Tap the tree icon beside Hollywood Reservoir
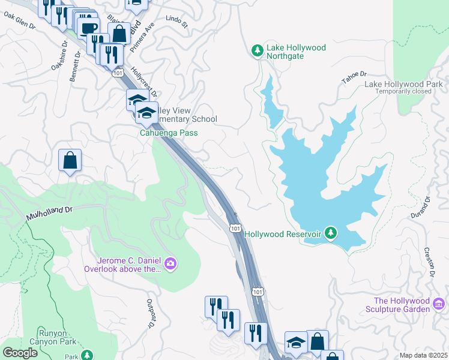pos(330,232)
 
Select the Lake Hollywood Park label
pos(406,84)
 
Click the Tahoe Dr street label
pos(354,77)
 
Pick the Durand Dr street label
pos(426,208)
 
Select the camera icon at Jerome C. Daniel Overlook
pos(170,263)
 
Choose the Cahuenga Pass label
pos(169,133)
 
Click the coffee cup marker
pos(88,28)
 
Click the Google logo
pos(20,353)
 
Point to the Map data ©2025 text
pos(423,355)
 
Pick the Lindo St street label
pos(177,23)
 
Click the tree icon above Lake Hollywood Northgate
pos(258,50)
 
